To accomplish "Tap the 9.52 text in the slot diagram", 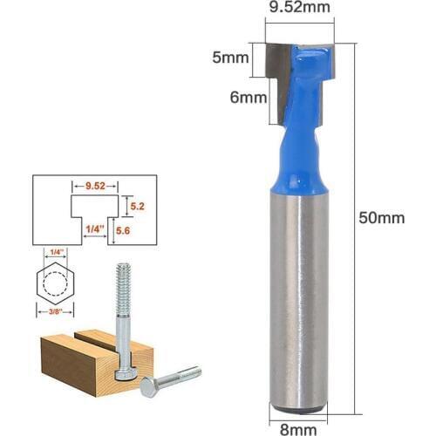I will click(x=89, y=186).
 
